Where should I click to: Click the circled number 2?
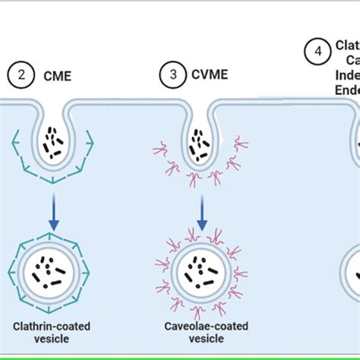(22, 74)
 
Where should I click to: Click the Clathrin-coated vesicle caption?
(52, 333)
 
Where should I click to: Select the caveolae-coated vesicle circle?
(201, 276)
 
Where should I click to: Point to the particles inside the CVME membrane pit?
(201, 144)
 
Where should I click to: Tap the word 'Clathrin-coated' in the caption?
(52, 326)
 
